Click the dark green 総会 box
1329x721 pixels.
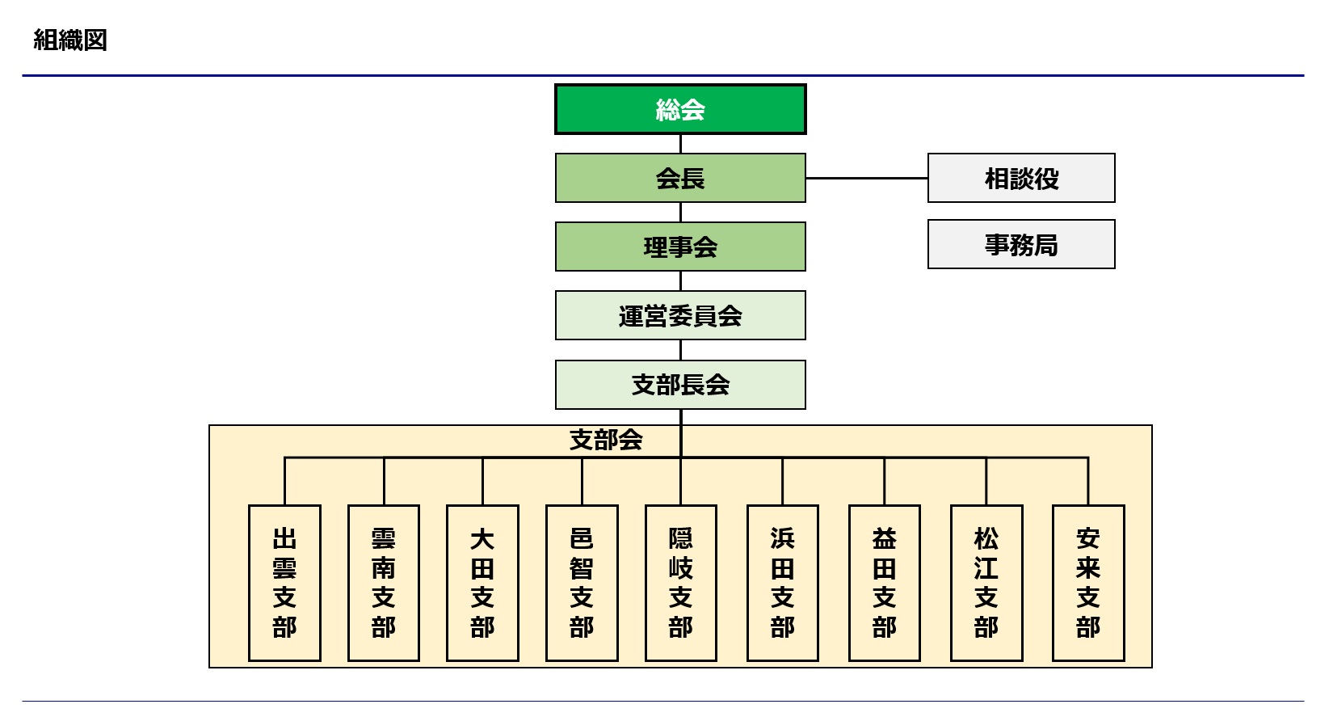coord(680,109)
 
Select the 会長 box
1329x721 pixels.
coord(680,178)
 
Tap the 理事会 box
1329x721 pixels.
coord(680,247)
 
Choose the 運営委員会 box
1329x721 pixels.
coord(680,315)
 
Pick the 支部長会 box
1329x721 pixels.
coord(680,385)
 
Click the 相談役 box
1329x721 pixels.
coord(1021,178)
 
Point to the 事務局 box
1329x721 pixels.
coord(1021,244)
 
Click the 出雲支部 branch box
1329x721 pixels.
coord(284,583)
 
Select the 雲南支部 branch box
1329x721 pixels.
coord(384,583)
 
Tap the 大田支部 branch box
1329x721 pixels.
coord(482,583)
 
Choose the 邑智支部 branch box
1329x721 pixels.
coord(582,583)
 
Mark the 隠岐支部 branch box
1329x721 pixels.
coord(681,583)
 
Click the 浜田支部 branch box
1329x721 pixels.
coord(783,583)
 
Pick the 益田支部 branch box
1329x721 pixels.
coord(885,583)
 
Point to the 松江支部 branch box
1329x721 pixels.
coord(986,583)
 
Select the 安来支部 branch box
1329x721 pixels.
coord(1088,583)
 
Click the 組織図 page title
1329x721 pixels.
coord(70,40)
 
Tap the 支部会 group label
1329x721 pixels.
coord(606,440)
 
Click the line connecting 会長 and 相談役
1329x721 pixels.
coord(866,178)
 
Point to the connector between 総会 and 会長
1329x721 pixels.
coord(680,144)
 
